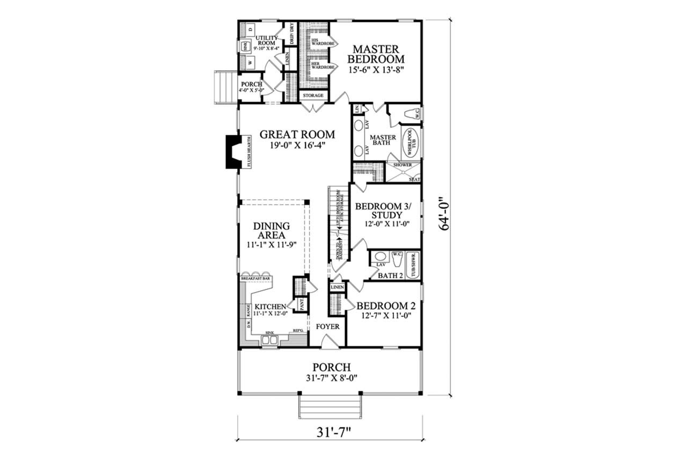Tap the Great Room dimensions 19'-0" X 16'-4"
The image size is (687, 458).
(x=297, y=146)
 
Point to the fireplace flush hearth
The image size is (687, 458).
(x=248, y=152)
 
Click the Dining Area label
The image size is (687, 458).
(x=272, y=231)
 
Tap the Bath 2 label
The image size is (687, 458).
(x=390, y=275)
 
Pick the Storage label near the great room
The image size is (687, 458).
(x=313, y=96)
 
